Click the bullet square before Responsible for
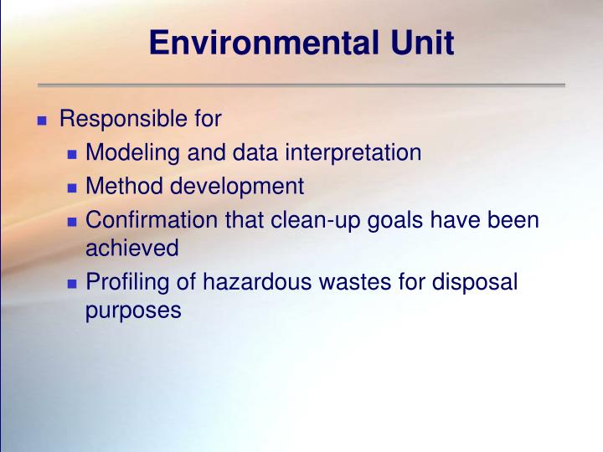point(43,121)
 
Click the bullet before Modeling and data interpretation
point(72,155)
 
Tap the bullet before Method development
point(72,187)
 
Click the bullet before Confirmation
point(72,221)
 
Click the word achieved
point(132,248)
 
